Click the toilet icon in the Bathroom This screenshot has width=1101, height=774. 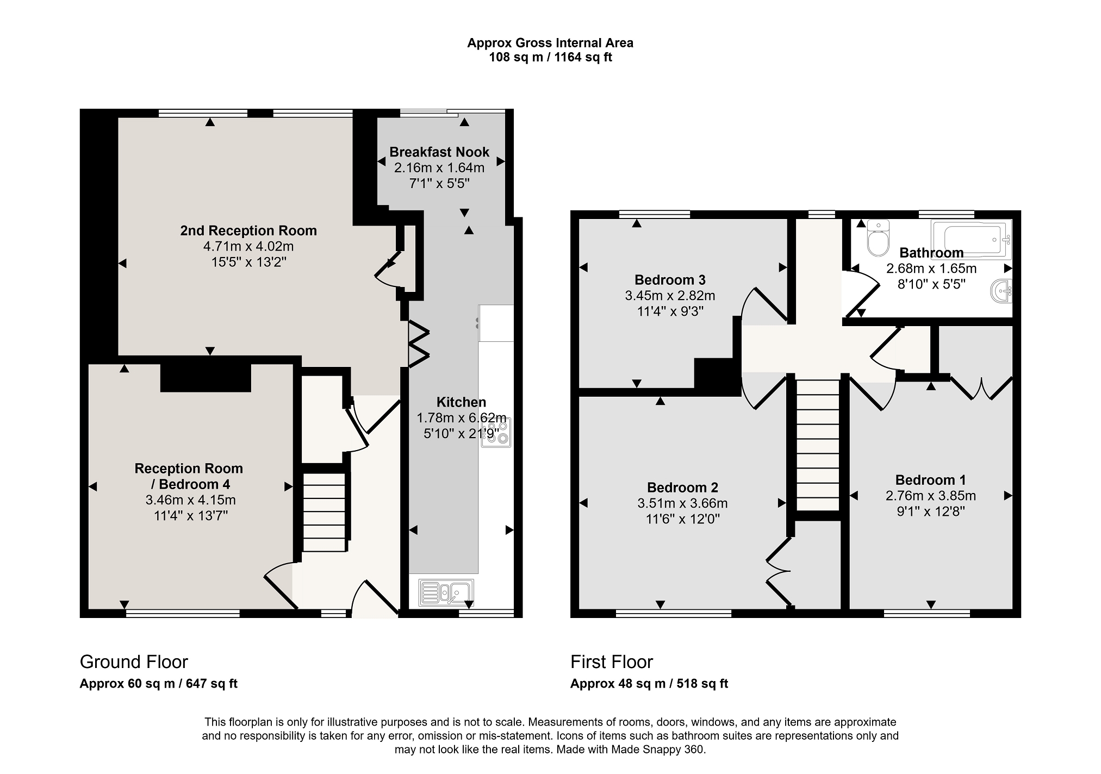pos(878,238)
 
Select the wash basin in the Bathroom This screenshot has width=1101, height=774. pos(1001,291)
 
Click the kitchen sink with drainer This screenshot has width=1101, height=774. pos(446,592)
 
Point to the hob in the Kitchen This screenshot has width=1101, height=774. pos(496,432)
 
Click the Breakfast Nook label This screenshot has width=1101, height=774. pos(439,152)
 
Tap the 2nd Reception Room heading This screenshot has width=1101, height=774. pos(248,230)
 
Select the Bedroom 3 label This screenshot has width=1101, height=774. pos(670,280)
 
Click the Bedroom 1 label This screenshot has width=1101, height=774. pos(930,480)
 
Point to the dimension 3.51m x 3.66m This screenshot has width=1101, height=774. pos(682,503)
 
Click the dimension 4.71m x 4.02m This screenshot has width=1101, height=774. pos(248,246)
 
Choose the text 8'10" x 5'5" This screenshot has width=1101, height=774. pos(931,284)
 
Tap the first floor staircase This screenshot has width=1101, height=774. pos(818,445)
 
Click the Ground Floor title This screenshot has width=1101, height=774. pos(134,662)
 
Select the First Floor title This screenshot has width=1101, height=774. pos(612,662)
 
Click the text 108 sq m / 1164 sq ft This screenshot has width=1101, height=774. pos(550,57)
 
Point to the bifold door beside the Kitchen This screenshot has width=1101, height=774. pos(419,345)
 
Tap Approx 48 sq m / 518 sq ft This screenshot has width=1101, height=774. pos(649,684)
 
